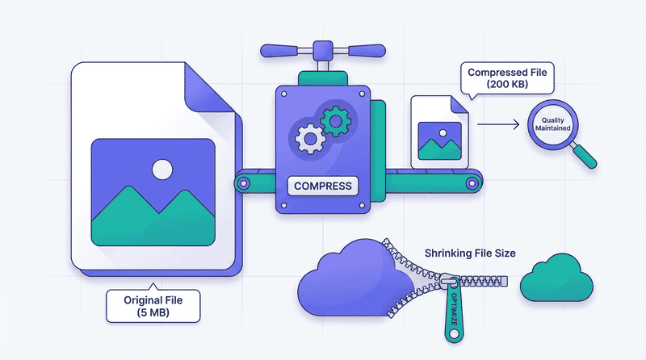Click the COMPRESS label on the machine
[x=324, y=186]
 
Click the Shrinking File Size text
[x=468, y=253]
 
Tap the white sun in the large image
[x=162, y=169]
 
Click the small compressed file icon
[x=439, y=132]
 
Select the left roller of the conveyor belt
[x=244, y=182]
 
